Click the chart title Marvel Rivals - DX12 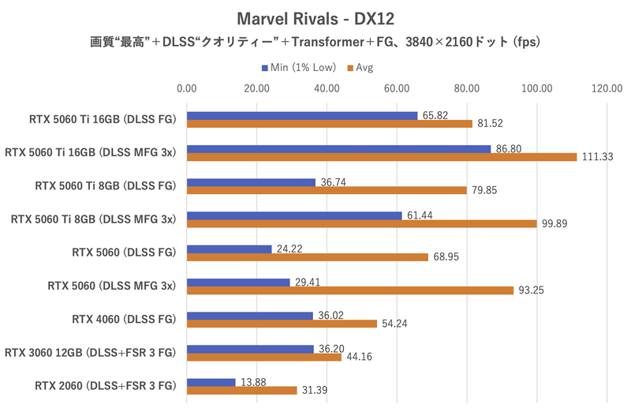pyautogui.click(x=315, y=17)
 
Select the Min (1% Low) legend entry pyautogui.click(x=297, y=67)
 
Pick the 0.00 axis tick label pyautogui.click(x=186, y=88)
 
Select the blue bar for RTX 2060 pyautogui.click(x=211, y=382)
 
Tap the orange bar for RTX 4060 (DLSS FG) pyautogui.click(x=281, y=324)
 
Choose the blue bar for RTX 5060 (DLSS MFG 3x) pyautogui.click(x=237, y=283)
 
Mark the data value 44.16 pyautogui.click(x=359, y=357)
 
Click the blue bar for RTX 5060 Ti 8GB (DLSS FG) pyautogui.click(x=251, y=182)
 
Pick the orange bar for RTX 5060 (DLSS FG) pyautogui.click(x=307, y=257)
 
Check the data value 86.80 pyautogui.click(x=506, y=148)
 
